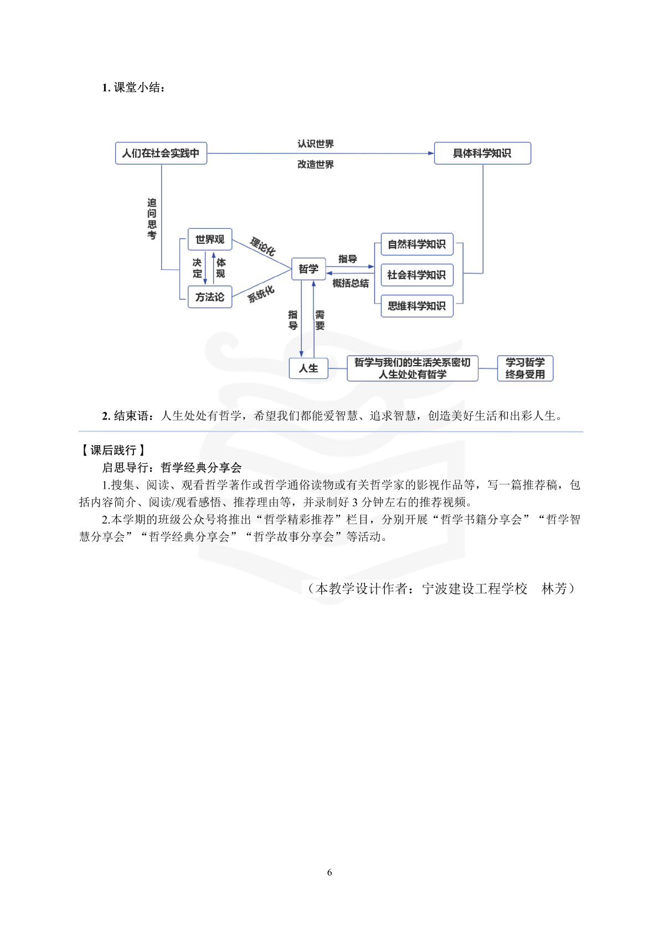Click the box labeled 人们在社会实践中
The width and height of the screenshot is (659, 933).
[161, 153]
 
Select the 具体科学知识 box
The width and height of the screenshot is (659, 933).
[482, 153]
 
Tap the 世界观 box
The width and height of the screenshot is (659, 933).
[210, 239]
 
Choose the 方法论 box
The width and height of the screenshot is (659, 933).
[210, 296]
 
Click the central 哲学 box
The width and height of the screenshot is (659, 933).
[308, 269]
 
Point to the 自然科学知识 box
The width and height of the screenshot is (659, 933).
[417, 244]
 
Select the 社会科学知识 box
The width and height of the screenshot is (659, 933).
[417, 275]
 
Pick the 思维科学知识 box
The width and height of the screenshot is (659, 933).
[417, 306]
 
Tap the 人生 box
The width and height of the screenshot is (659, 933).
[308, 368]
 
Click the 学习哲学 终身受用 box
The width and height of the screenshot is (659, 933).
[525, 368]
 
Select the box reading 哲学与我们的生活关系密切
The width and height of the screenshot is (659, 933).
[413, 368]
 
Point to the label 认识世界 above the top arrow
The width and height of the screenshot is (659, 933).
[316, 144]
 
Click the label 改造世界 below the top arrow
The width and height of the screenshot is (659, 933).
[316, 165]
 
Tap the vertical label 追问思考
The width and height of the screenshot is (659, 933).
[152, 219]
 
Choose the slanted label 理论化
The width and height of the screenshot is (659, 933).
[262, 246]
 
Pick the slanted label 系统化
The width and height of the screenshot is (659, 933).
[261, 294]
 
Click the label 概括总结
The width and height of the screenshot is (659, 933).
[351, 284]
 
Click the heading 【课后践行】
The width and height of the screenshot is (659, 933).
[113, 450]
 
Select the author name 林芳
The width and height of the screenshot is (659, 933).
[554, 588]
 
